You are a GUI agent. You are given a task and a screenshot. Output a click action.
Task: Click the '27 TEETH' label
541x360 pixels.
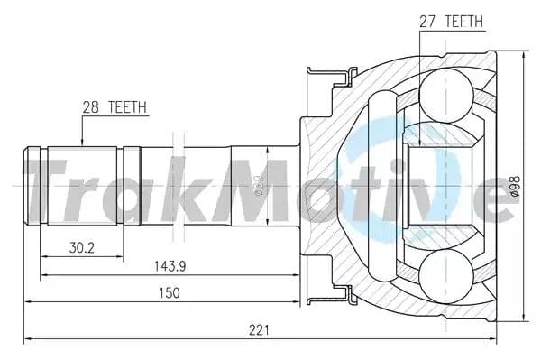pos(451,20)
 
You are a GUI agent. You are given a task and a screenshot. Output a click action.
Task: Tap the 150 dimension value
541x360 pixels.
pos(169,292)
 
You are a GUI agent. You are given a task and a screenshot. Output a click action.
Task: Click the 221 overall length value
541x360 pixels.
pos(259,330)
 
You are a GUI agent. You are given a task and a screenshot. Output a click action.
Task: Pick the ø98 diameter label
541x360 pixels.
pos(515,185)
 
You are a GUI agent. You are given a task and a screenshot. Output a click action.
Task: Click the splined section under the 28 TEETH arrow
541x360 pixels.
pos(83,180)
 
